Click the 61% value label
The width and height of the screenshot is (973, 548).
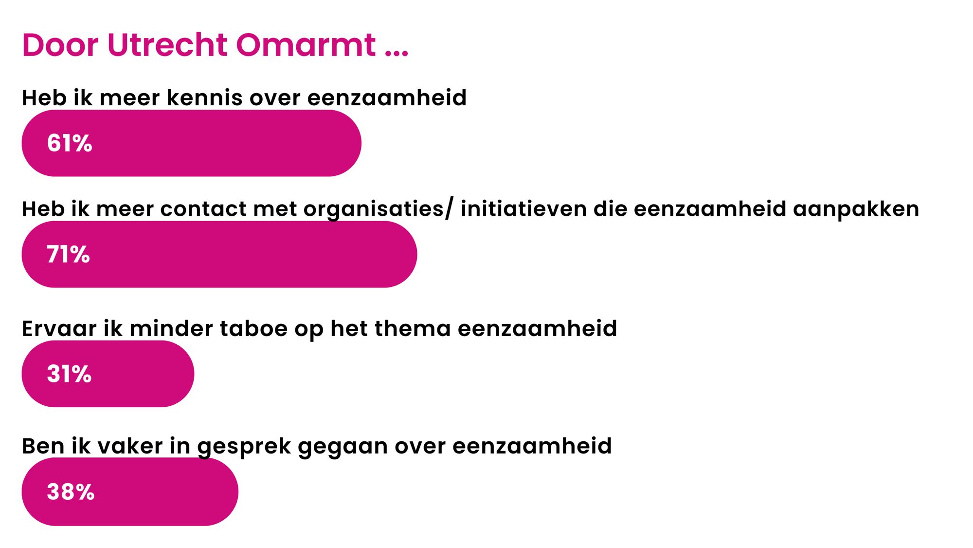click(x=70, y=143)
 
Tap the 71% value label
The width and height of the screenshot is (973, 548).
click(x=68, y=254)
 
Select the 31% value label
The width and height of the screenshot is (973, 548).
click(x=69, y=374)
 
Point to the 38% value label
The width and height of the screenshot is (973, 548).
click(x=71, y=491)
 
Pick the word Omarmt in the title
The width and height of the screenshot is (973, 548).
click(x=306, y=45)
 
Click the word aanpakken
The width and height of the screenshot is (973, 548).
click(x=856, y=209)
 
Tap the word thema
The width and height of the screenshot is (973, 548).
click(x=413, y=328)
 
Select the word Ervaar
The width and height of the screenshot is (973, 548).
click(x=59, y=328)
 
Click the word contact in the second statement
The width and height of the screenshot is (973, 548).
click(x=203, y=209)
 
